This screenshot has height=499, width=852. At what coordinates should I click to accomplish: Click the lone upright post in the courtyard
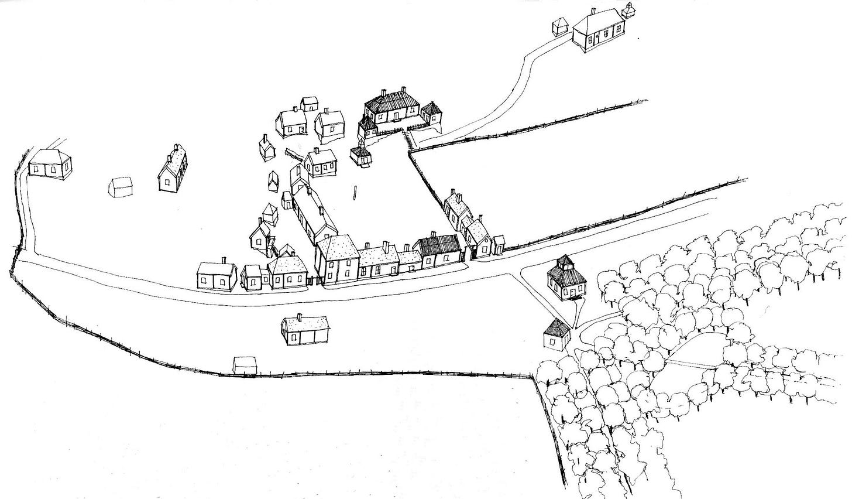coord(355,193)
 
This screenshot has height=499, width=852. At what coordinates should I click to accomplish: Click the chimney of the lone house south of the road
coord(299,317)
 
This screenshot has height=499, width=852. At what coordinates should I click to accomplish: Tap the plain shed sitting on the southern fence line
coord(245,365)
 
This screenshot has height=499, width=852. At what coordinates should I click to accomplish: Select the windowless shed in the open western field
coord(121,187)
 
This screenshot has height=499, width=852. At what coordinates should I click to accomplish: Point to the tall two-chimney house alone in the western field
coord(173,170)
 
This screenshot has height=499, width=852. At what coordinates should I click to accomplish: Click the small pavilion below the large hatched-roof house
coord(361,155)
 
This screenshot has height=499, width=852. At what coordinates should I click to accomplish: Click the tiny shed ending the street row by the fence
coord(498,245)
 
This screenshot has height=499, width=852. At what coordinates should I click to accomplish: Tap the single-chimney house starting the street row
coord(217,275)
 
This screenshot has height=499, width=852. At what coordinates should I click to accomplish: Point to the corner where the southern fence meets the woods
coord(532,377)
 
